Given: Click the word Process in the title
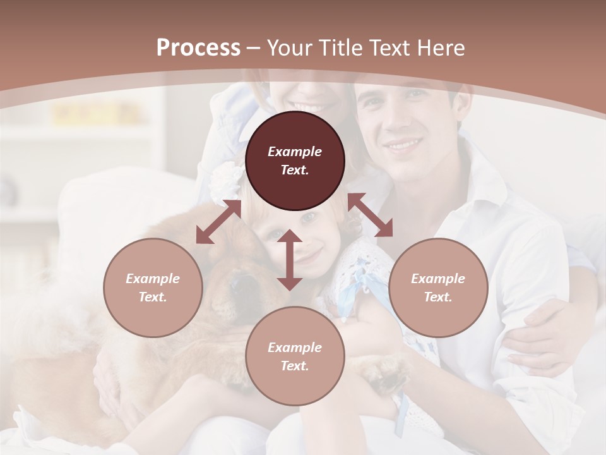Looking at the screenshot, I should click(x=198, y=48).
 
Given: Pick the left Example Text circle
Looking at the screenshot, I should click(x=153, y=288).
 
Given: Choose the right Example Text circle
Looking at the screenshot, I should click(x=438, y=288).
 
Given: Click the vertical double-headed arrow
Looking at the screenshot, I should click(x=290, y=260).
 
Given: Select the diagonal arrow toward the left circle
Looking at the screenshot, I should click(x=218, y=222).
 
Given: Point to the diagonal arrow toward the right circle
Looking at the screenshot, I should click(x=370, y=215).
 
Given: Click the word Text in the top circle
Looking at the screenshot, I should click(x=295, y=170).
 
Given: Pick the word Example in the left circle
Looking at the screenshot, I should click(x=153, y=279).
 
